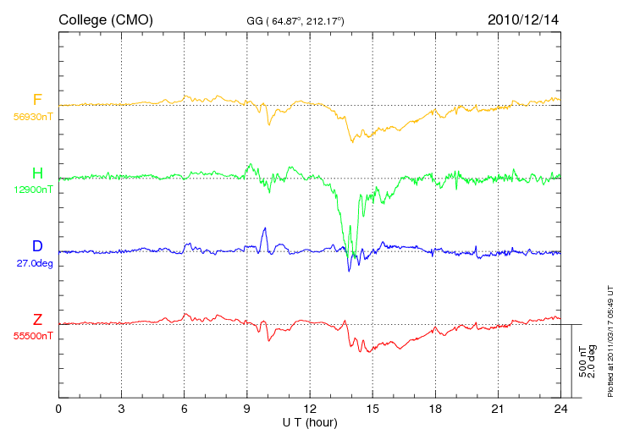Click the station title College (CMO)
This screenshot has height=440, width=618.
coord(106,20)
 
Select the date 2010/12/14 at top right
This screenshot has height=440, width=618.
coord(523,19)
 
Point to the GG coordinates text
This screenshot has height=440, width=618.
coord(295,21)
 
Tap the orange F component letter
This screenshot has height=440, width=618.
coord(37,99)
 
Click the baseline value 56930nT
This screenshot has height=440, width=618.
coord(33,117)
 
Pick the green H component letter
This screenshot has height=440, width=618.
coord(37,173)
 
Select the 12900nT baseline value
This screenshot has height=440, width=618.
coord(33,190)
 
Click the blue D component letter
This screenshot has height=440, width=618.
coord(37,246)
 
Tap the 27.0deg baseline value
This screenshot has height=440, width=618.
coord(35,263)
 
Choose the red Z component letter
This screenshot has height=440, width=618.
coord(37,320)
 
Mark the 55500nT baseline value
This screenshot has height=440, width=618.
coord(33,337)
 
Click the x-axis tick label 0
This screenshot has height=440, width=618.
coord(58,409)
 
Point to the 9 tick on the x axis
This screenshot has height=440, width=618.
coord(246,409)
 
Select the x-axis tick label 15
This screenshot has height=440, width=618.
coord(372,409)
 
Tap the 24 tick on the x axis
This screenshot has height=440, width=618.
coord(560,409)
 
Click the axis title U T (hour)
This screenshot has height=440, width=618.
coord(310,423)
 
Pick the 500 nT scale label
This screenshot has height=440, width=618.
coord(583,361)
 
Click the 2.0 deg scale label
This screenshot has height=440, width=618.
coord(592,361)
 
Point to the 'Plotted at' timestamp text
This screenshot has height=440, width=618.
coord(610,341)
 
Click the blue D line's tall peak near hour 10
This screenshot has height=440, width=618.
coord(265,228)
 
